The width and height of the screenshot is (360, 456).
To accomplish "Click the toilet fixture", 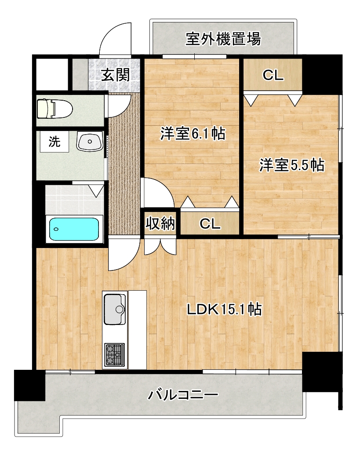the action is (55, 109).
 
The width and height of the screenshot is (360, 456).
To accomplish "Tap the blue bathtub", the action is (74, 229).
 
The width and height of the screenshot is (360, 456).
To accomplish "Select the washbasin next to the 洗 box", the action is (90, 141).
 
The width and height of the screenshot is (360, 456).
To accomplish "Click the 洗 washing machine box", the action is (55, 141).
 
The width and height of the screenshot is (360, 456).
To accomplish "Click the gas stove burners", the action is (115, 354).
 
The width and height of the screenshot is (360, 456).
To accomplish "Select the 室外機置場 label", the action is (223, 39).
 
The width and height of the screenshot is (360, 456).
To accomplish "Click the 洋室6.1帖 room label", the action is (193, 134).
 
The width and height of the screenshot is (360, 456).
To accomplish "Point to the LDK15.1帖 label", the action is (224, 309).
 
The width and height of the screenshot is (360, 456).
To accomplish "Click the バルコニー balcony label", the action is (183, 395).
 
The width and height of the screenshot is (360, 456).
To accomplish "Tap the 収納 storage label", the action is (160, 224).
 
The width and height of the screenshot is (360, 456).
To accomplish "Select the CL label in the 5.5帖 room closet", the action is (273, 75).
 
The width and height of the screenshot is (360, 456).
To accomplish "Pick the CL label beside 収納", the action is (210, 224).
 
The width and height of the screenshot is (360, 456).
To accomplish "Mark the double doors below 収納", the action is (160, 246).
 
